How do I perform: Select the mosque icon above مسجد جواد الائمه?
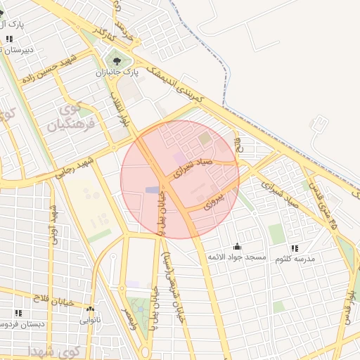pos(237,246)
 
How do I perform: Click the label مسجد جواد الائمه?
pos(237,258)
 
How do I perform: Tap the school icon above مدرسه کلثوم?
pos(294,247)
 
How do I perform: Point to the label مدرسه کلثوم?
pos(294,259)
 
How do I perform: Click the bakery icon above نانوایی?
pos(89,308)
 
